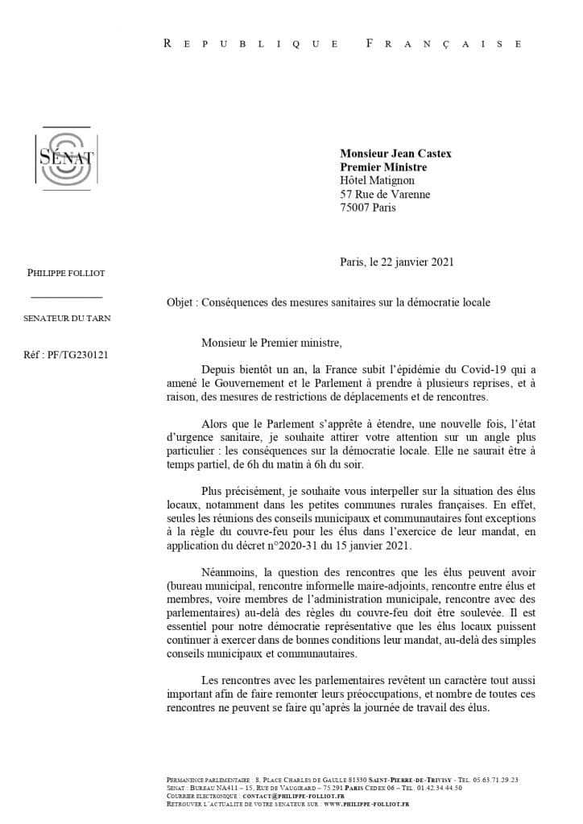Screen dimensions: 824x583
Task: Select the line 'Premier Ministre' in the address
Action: pos(383,167)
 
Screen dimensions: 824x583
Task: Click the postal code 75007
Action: pos(355,208)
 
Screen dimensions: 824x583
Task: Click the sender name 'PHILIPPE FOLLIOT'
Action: pos(66,273)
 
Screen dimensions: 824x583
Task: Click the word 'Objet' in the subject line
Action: pos(180,303)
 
